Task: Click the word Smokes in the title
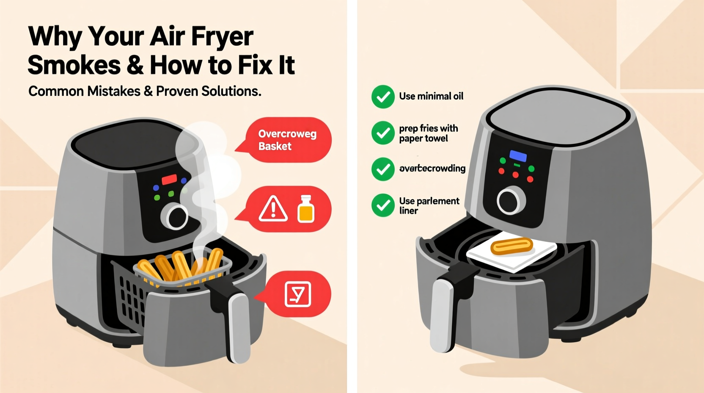[74, 65]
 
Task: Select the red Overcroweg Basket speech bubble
[288, 140]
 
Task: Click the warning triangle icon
[273, 209]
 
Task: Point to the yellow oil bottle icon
[306, 209]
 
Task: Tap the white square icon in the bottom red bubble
[298, 294]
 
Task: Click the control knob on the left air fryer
[175, 216]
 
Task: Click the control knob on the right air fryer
[511, 200]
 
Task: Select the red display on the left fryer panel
[169, 180]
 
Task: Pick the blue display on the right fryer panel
[518, 156]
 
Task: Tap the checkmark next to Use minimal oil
[383, 97]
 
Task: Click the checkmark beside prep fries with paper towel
[383, 133]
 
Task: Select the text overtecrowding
[432, 169]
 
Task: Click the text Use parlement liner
[429, 205]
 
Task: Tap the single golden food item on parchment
[511, 246]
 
